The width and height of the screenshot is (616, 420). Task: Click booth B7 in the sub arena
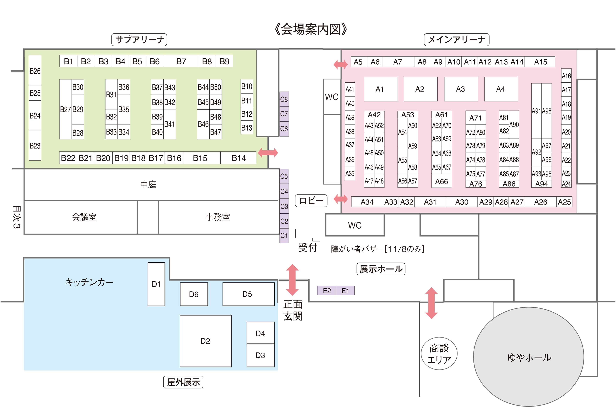pos(181,61)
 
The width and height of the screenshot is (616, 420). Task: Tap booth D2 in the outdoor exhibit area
pos(205,341)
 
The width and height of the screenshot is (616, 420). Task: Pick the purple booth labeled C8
pos(284,99)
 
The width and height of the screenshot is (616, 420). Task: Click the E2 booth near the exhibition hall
pos(327,291)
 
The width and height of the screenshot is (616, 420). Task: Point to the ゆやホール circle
pos(529,357)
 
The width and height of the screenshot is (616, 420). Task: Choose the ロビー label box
pos(311,200)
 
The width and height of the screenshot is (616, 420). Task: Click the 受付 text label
pos(307,248)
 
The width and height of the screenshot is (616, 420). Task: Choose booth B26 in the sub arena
pos(35,70)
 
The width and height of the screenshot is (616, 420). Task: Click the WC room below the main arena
pos(355,225)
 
